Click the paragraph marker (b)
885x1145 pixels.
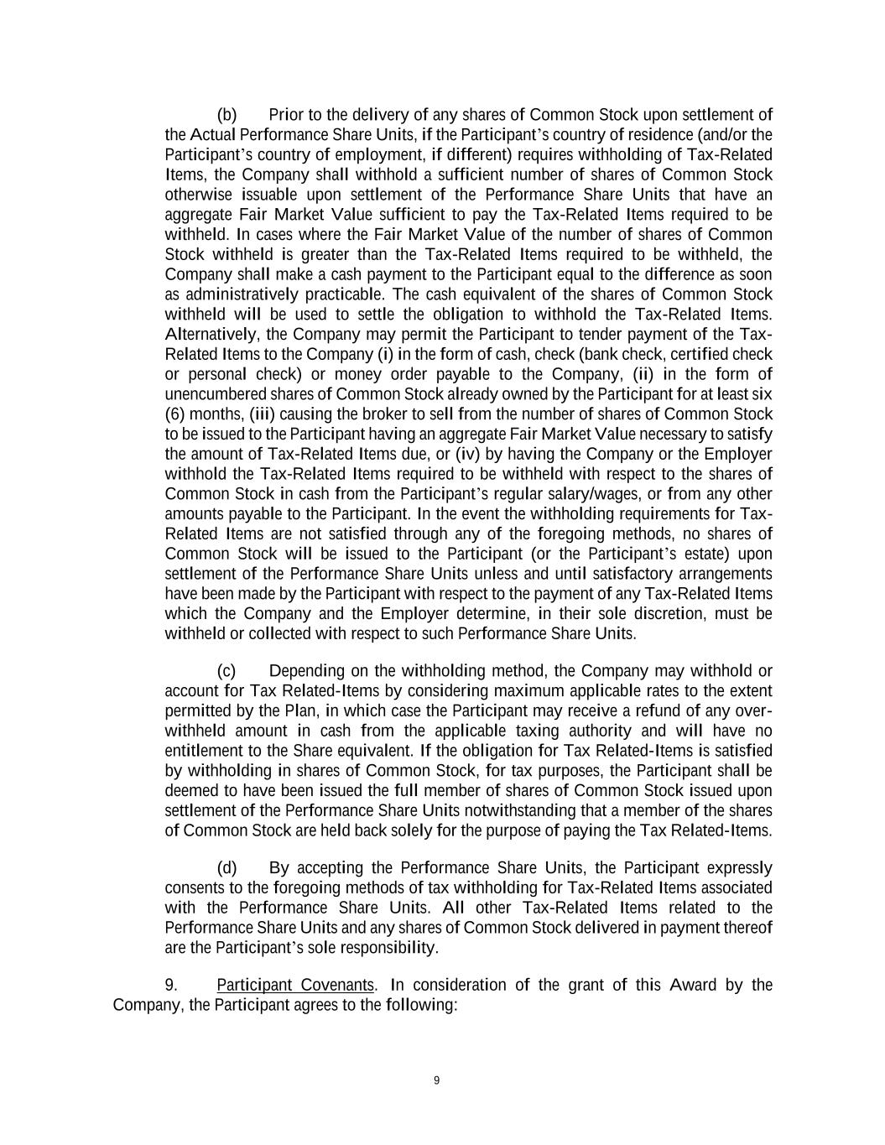[x=226, y=115]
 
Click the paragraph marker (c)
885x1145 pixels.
[x=226, y=671]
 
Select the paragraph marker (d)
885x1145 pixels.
[x=226, y=868]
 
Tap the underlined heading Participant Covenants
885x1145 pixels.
[x=294, y=985]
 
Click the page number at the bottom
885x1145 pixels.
[x=436, y=1080]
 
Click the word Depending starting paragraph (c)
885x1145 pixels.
[x=307, y=671]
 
